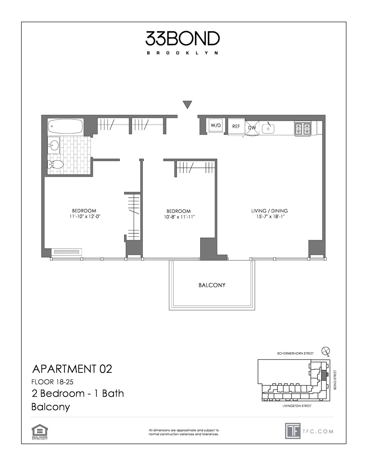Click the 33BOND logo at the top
click(182, 39)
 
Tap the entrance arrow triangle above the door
click(187, 105)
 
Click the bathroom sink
click(54, 145)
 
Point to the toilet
click(56, 164)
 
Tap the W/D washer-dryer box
click(216, 126)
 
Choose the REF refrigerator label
click(236, 127)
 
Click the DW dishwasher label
click(252, 128)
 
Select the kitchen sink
click(268, 129)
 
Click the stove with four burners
click(303, 129)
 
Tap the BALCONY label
click(212, 285)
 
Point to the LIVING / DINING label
click(270, 211)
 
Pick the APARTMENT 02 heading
click(72, 369)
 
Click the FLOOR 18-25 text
click(52, 382)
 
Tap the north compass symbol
click(326, 351)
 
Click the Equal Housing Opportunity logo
click(39, 432)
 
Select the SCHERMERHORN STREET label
click(295, 353)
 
